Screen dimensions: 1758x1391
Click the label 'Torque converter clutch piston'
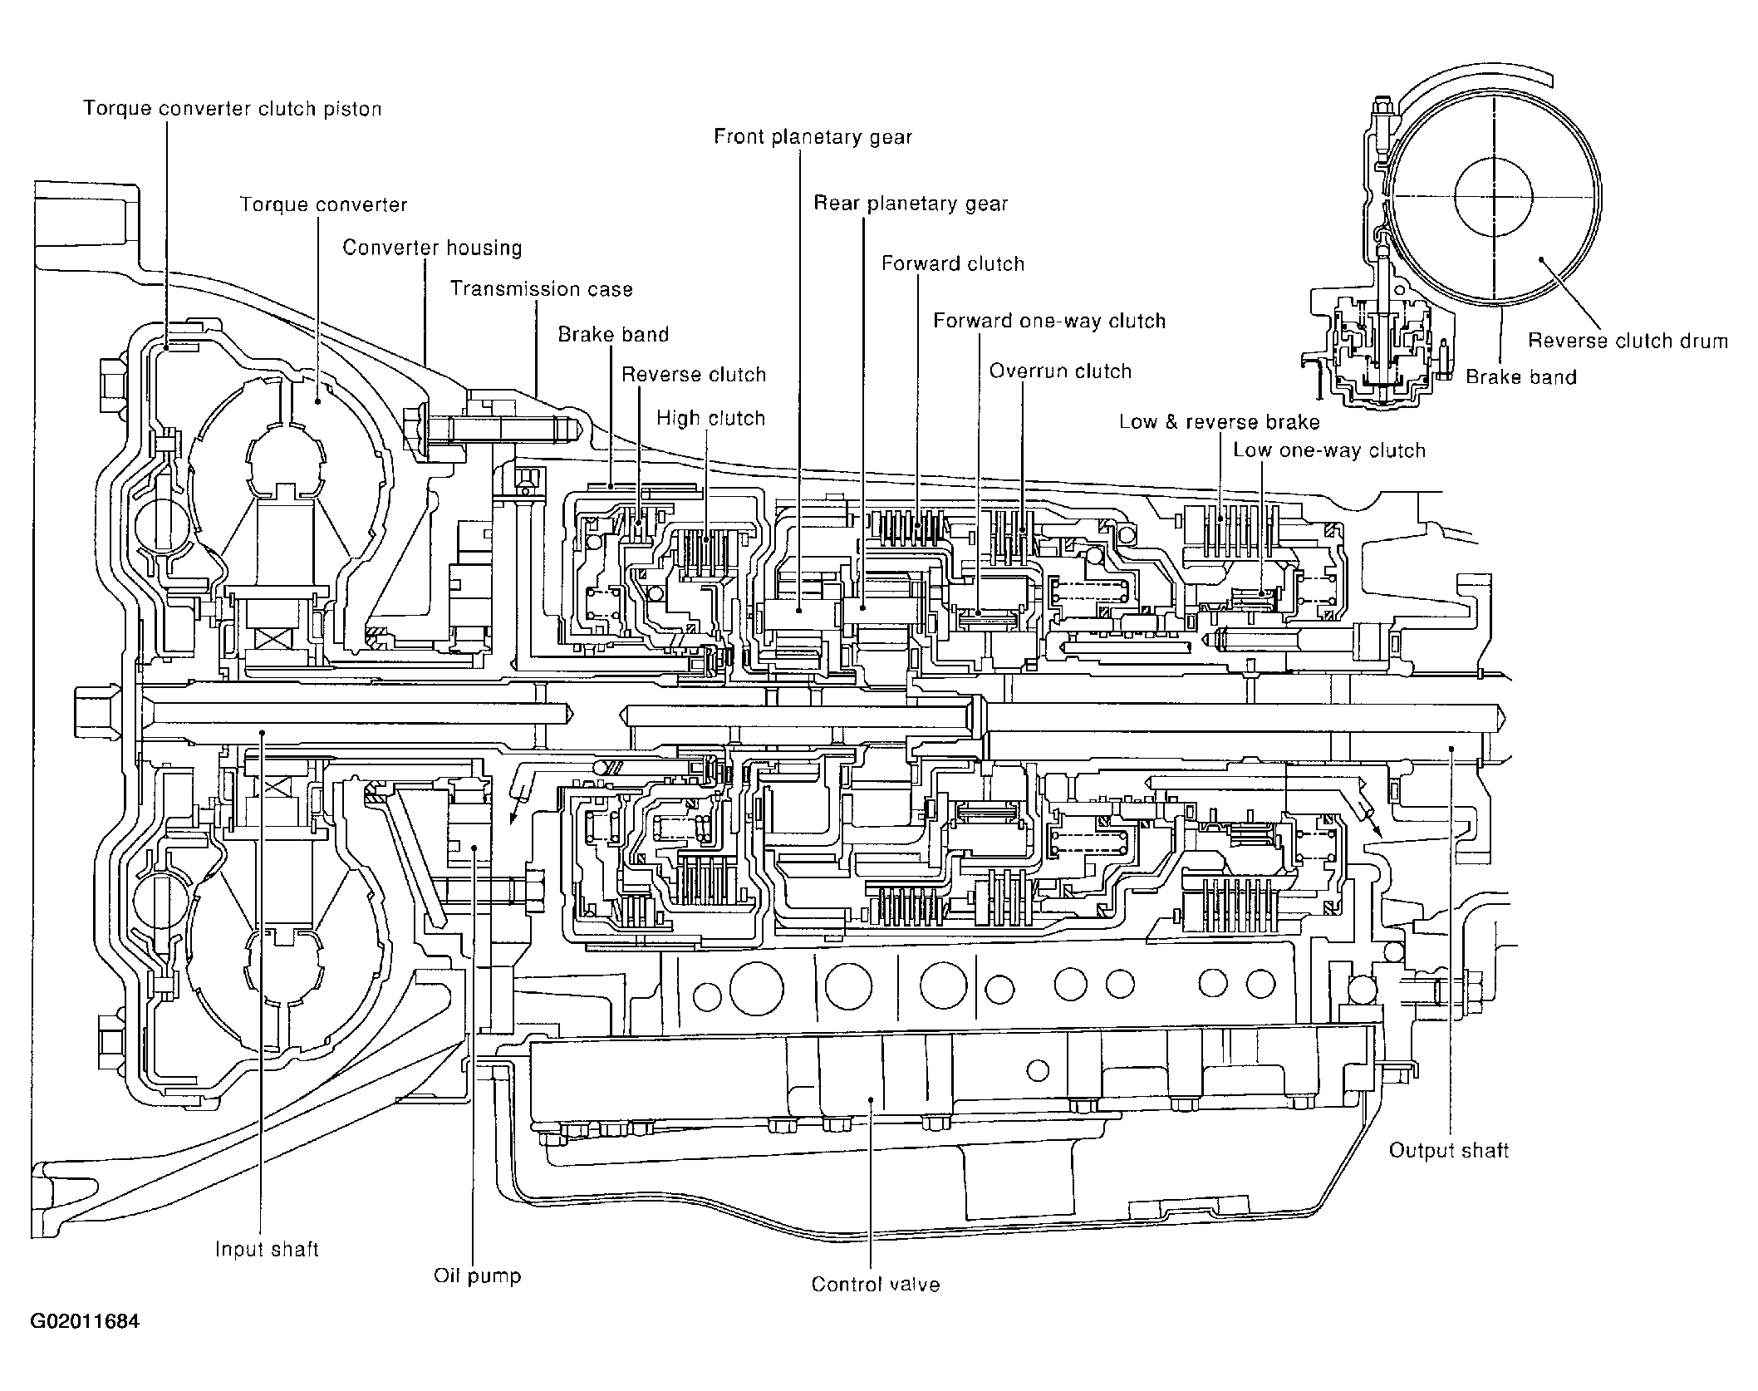(233, 109)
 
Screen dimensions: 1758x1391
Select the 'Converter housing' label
(432, 248)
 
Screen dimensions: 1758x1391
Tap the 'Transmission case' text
(542, 289)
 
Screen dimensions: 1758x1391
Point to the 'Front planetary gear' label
(813, 137)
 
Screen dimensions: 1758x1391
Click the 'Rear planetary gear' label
(911, 204)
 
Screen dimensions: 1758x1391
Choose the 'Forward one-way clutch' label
(1049, 321)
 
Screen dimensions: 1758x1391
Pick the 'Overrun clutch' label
(1060, 371)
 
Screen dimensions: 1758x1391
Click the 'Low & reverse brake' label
(1219, 422)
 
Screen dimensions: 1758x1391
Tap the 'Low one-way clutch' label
(1329, 451)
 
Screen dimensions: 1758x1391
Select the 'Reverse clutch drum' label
(1628, 341)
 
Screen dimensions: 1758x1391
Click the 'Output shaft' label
(1449, 1150)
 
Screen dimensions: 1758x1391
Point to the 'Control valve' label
(876, 1284)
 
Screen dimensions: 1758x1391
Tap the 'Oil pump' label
(477, 1276)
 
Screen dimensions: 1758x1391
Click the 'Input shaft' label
(267, 1250)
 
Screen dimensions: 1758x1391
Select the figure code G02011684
(85, 1322)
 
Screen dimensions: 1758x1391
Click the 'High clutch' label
(710, 418)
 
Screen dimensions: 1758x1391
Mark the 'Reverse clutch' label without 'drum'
(694, 375)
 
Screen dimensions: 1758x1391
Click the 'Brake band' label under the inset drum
(1520, 377)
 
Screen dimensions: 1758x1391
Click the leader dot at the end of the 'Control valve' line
(870, 1099)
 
